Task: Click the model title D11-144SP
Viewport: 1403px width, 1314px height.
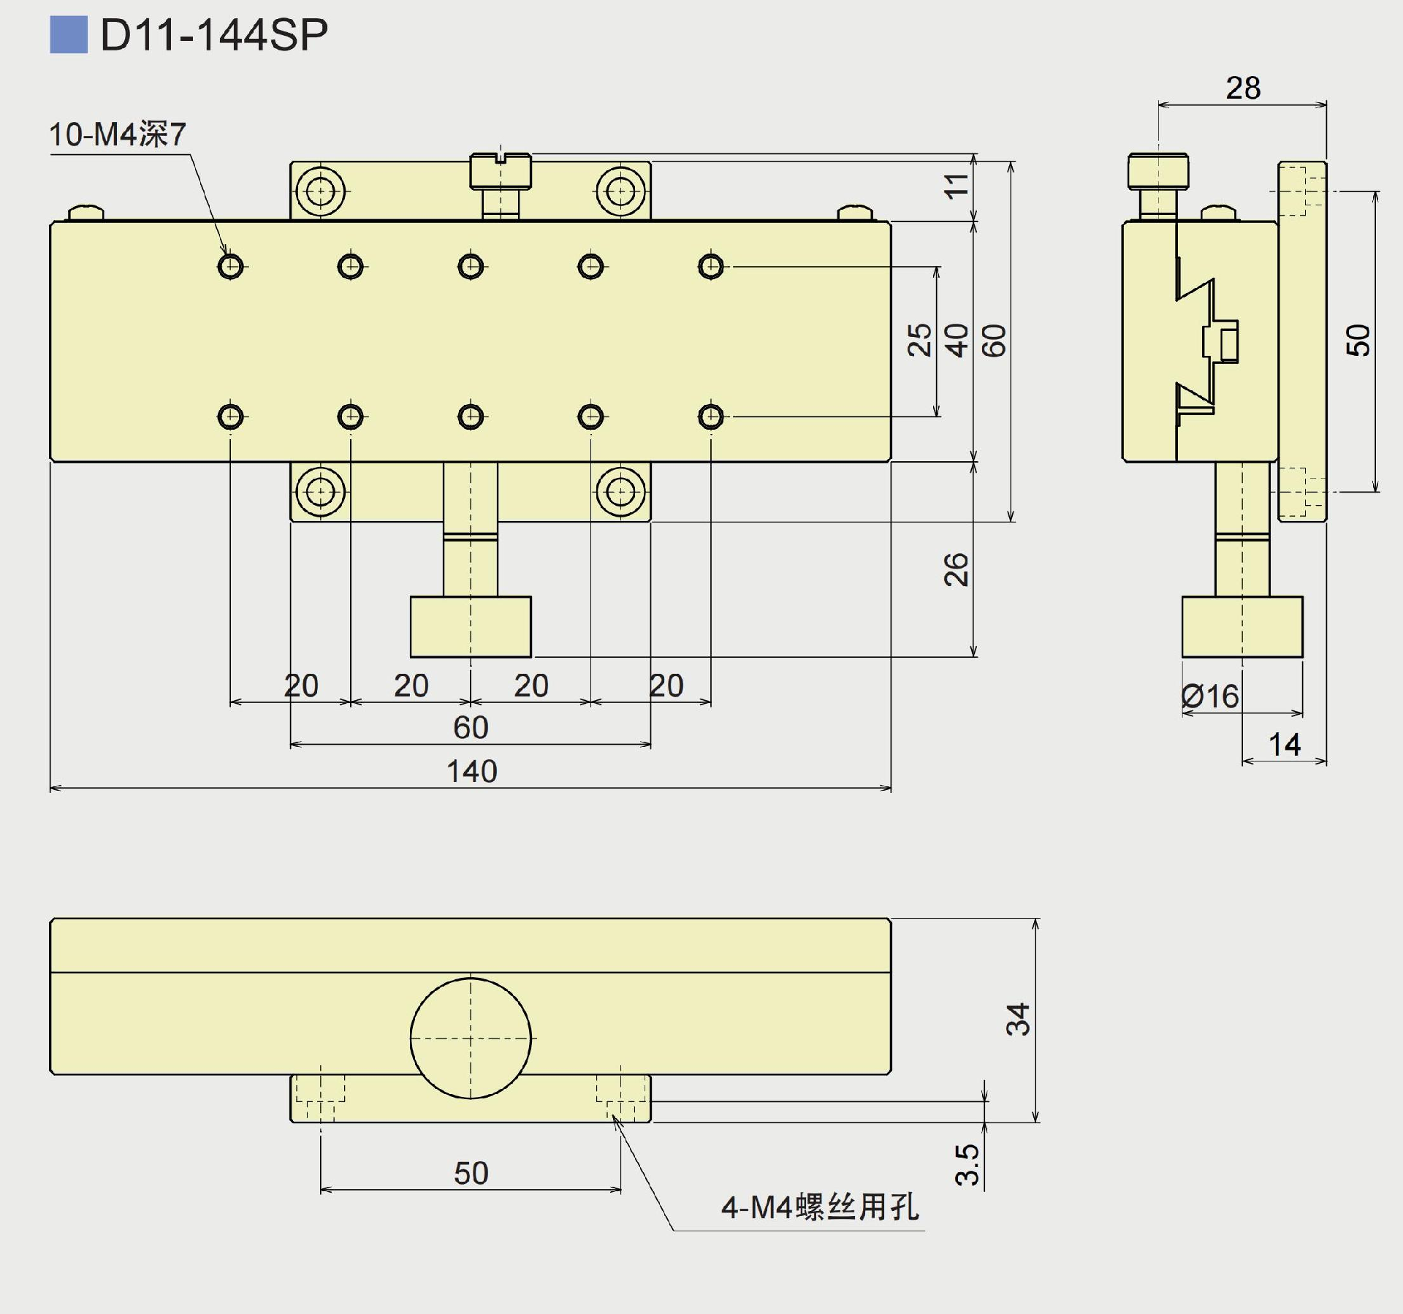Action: [213, 34]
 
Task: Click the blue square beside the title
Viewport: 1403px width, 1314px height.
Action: [69, 34]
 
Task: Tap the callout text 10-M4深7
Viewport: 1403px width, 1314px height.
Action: [118, 134]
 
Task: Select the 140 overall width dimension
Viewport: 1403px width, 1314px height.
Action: [471, 772]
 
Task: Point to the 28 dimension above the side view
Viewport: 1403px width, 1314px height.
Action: [1243, 88]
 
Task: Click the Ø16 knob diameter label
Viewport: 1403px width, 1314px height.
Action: [1210, 696]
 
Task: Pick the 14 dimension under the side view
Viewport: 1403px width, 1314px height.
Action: [1284, 745]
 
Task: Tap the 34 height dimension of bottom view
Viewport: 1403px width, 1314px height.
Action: [1018, 1019]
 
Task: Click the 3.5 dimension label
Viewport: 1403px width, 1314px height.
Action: [967, 1164]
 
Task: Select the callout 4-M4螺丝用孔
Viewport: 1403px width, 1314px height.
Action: [820, 1207]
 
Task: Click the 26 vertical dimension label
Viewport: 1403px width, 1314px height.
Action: [956, 569]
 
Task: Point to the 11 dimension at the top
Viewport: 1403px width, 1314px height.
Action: [956, 186]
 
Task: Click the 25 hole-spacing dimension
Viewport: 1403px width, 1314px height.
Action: [919, 340]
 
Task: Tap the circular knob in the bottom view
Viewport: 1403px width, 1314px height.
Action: [471, 1038]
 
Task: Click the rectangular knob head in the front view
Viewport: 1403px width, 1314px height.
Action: [471, 626]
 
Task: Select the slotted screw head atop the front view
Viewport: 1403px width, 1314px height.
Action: [501, 171]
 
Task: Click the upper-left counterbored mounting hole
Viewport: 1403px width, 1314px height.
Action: [320, 191]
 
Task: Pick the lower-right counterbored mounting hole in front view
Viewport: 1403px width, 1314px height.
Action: [620, 492]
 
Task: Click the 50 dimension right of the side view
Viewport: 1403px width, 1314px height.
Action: [1358, 340]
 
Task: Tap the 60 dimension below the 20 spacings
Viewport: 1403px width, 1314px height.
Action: [471, 728]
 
